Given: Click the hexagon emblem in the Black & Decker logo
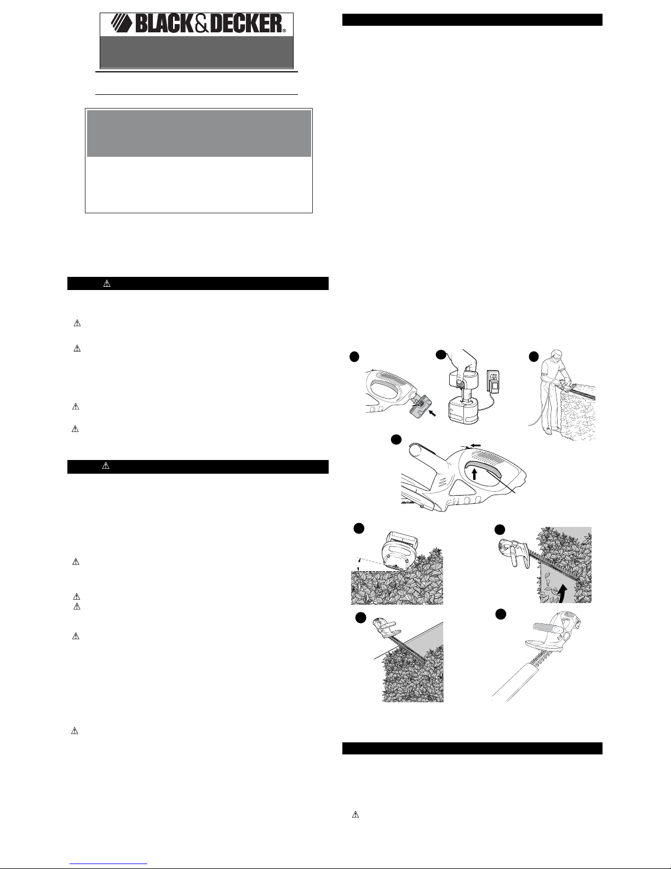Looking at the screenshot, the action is point(122,23).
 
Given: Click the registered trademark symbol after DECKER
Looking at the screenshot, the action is point(284,30).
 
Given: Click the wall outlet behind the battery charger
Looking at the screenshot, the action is point(494,382).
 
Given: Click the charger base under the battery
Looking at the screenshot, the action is point(463,412).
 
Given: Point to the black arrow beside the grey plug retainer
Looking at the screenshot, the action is point(432,413).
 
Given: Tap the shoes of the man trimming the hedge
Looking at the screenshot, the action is point(552,431).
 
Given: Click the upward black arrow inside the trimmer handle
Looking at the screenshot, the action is point(475,474).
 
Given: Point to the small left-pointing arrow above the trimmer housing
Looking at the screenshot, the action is point(475,445).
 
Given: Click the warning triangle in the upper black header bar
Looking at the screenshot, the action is point(107,283).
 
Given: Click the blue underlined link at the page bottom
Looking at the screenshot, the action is point(108,863).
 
